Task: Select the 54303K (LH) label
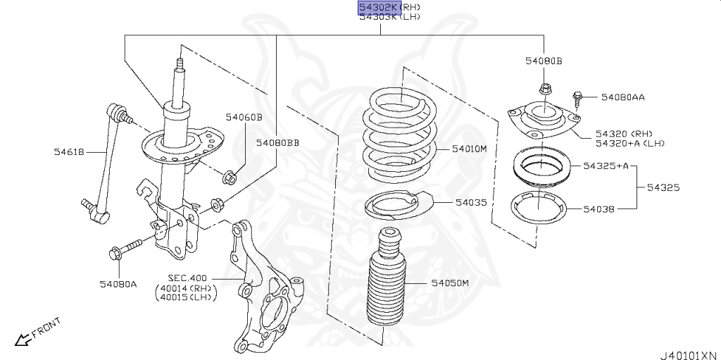pos(389,17)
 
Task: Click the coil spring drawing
pos(399,137)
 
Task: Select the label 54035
pos(470,202)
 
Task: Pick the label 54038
pos(598,209)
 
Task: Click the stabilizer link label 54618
pos(69,151)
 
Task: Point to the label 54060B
pos(244,117)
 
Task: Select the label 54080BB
pos(277,143)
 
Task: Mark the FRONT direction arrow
pos(24,339)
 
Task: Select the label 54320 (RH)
pos(624,133)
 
